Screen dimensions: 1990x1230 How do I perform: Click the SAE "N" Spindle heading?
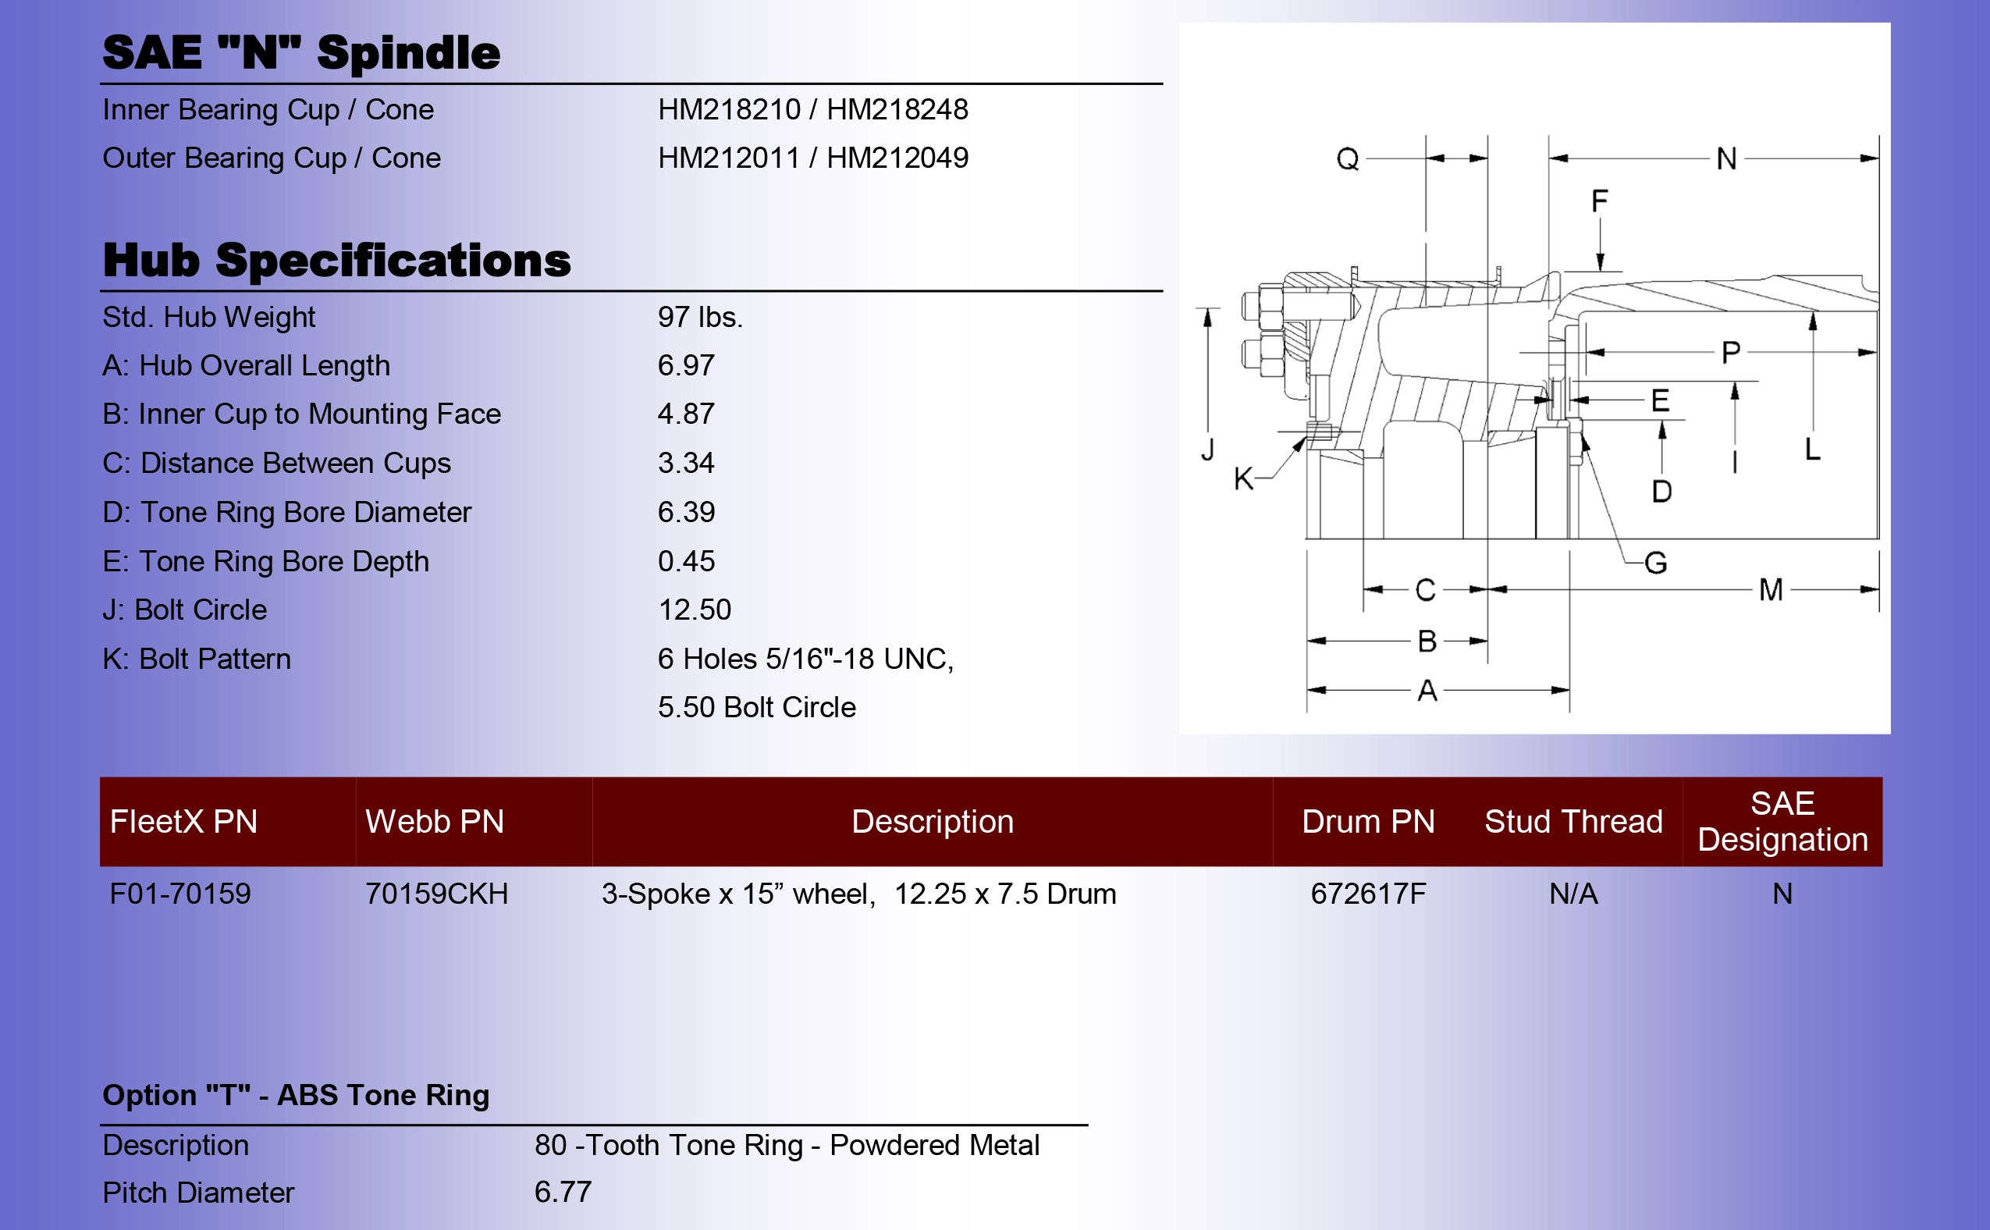click(x=301, y=53)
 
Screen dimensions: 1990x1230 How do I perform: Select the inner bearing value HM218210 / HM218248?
click(x=812, y=109)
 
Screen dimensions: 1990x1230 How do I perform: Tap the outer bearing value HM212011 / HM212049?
click(x=812, y=158)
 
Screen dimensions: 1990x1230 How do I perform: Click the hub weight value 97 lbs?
click(x=699, y=318)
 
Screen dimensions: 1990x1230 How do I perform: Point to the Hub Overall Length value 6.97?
click(x=685, y=366)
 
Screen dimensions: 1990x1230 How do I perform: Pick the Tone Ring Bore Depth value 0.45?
click(x=685, y=561)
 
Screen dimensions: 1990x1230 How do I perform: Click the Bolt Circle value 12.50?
click(x=694, y=610)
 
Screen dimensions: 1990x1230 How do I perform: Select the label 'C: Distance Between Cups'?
click(x=276, y=464)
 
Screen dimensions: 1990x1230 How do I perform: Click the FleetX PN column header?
click(x=184, y=822)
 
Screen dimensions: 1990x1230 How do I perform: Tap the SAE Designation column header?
click(x=1782, y=822)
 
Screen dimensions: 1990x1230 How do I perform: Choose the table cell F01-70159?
click(x=180, y=894)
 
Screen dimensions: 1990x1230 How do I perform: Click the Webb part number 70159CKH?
click(x=437, y=894)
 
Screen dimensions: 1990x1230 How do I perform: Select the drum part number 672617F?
click(x=1368, y=894)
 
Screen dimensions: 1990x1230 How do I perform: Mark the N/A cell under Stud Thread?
click(x=1572, y=894)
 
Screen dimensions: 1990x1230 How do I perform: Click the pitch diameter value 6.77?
click(x=563, y=1193)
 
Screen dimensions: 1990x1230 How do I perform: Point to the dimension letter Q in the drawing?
click(x=1348, y=159)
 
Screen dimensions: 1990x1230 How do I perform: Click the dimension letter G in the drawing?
click(x=1656, y=563)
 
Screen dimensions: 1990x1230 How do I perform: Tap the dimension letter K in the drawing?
click(x=1243, y=479)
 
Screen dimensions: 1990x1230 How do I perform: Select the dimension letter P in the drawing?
click(x=1731, y=352)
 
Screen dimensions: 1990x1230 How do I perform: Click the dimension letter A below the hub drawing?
click(x=1427, y=691)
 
